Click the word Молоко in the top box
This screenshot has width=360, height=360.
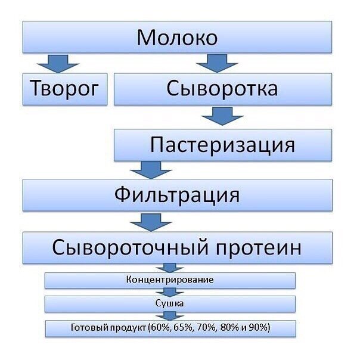177,38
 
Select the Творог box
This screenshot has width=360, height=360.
65,89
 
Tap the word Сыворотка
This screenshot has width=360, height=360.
222,88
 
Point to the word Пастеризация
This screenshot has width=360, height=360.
222,145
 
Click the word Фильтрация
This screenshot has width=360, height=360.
177,195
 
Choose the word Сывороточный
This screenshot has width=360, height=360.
131,247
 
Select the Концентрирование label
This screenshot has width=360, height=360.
170,280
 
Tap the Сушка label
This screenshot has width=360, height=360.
169,303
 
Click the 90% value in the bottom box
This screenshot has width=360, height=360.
259,327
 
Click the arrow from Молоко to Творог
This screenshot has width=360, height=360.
58,64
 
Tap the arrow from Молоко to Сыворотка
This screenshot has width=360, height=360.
217,64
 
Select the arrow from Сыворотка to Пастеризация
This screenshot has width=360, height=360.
222,116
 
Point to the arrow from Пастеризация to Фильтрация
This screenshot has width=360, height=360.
151,170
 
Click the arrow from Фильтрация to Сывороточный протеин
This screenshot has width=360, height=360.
151,222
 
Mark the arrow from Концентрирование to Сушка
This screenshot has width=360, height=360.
170,293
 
